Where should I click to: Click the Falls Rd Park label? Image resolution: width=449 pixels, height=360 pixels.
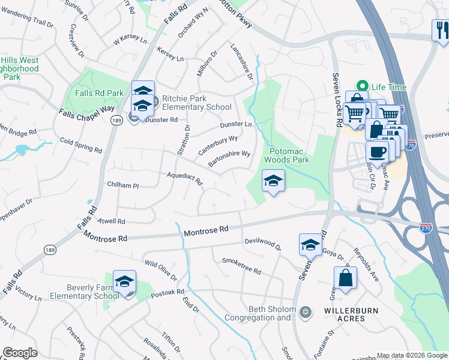99,93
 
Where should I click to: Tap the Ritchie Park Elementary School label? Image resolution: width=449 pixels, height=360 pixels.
188,103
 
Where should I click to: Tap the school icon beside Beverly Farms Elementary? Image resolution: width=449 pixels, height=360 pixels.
124,282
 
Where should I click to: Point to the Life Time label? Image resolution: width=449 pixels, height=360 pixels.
388,87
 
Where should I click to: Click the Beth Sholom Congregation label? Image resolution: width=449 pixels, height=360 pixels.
261,313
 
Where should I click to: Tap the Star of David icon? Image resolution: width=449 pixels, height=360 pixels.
306,312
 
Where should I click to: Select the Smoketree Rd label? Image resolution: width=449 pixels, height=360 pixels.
241,266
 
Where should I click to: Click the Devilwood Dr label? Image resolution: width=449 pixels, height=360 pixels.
262,243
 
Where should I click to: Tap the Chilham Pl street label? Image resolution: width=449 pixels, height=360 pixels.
122,185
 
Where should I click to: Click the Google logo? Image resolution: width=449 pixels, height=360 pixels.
20,353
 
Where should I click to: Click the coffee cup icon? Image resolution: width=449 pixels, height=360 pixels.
376,152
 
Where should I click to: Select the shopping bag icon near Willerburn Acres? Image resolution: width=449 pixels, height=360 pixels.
345,278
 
